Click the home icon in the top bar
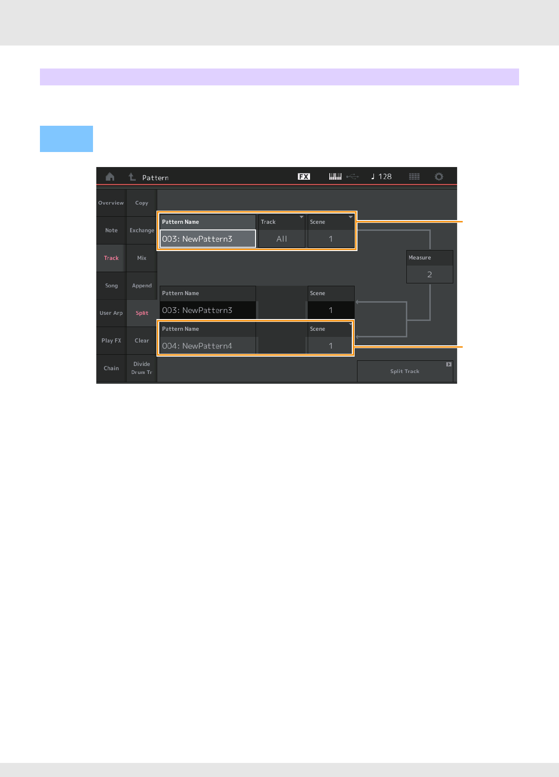point(110,177)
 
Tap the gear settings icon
point(439,177)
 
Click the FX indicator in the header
point(304,177)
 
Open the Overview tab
point(111,203)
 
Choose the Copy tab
point(142,203)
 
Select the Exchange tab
point(142,230)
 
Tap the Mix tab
point(142,258)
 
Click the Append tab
point(142,286)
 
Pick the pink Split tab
point(142,313)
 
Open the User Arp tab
point(111,313)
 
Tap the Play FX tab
point(111,341)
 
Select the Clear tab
point(142,341)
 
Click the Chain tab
point(111,368)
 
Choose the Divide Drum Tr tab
point(142,368)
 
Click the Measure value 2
point(429,274)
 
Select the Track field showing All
point(282,239)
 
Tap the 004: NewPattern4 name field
point(208,346)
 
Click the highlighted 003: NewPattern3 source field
point(208,239)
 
